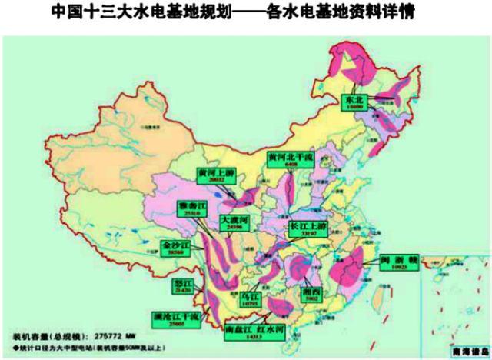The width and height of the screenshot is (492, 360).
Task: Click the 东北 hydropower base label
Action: (355, 104)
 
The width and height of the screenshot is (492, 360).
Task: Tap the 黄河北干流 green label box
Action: (291, 159)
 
